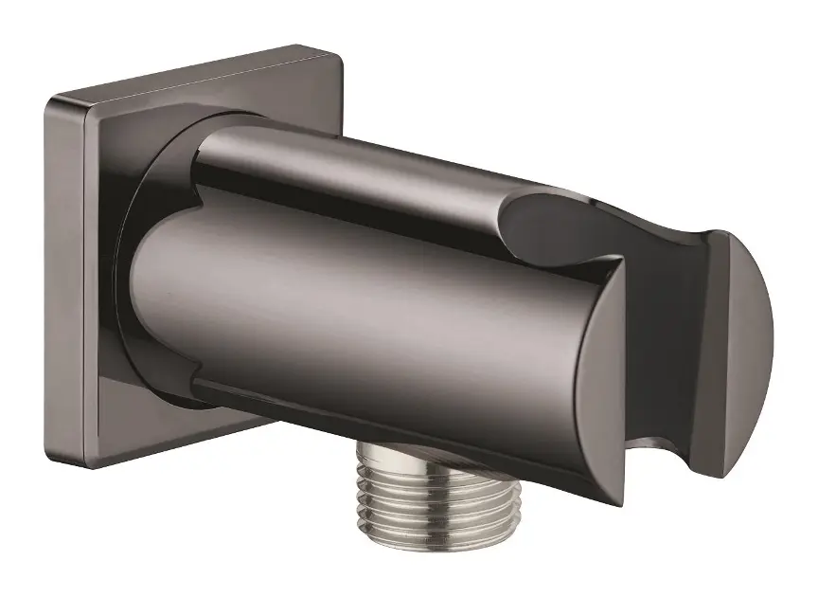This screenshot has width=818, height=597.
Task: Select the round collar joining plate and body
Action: (x=151, y=190)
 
